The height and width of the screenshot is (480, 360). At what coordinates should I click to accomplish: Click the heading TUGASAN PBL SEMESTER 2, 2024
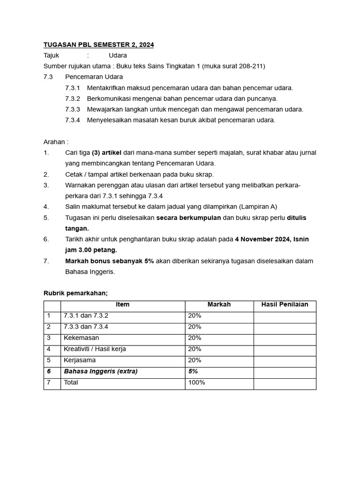[98, 45]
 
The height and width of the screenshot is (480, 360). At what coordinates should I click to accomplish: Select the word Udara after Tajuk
[118, 55]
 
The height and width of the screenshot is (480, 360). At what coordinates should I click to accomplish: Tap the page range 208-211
[250, 66]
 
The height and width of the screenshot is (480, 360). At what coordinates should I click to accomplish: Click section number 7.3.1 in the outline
[73, 88]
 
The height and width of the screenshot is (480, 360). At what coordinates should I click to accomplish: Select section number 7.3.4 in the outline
[73, 120]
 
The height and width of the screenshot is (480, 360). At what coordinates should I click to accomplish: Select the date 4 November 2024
[263, 239]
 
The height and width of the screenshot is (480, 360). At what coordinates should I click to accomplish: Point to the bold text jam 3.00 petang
[91, 250]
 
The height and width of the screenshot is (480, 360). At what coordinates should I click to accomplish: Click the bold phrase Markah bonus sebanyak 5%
[109, 261]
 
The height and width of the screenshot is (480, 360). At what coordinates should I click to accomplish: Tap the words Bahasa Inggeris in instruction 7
[90, 271]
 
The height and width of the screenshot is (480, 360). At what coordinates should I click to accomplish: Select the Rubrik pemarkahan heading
[75, 293]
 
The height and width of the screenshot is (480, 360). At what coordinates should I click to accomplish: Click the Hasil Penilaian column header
[285, 305]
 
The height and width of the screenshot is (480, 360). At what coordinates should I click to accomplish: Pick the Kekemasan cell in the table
[81, 338]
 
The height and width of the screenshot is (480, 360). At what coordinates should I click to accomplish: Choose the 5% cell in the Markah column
[193, 371]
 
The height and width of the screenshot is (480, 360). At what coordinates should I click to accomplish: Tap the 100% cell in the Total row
[196, 382]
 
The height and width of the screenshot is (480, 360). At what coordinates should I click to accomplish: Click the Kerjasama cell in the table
[80, 360]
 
